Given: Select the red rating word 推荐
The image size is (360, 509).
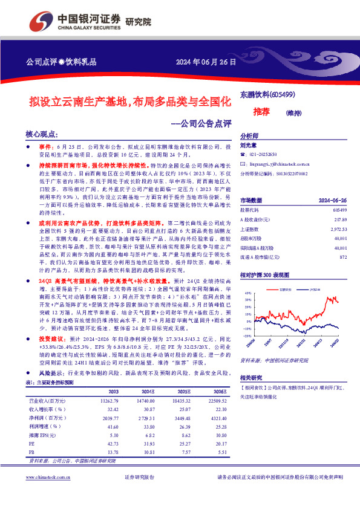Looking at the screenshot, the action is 261,112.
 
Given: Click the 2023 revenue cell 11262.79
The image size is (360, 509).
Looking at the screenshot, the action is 111,400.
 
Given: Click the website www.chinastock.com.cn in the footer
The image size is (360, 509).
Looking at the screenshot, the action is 49,494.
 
